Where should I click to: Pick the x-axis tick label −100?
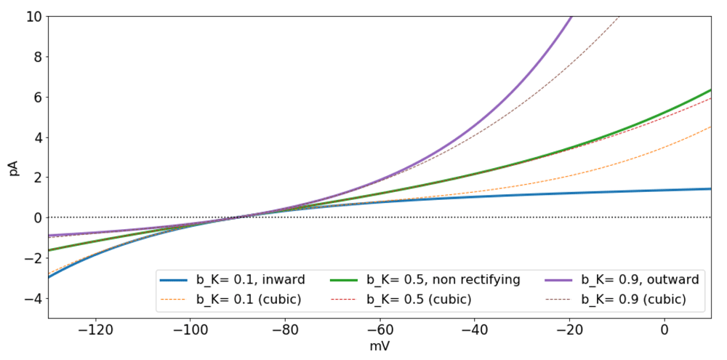pos(190,329)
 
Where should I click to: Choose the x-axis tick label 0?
pos(664,329)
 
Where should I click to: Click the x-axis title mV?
pos(379,348)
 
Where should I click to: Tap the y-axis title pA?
pos(13,167)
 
